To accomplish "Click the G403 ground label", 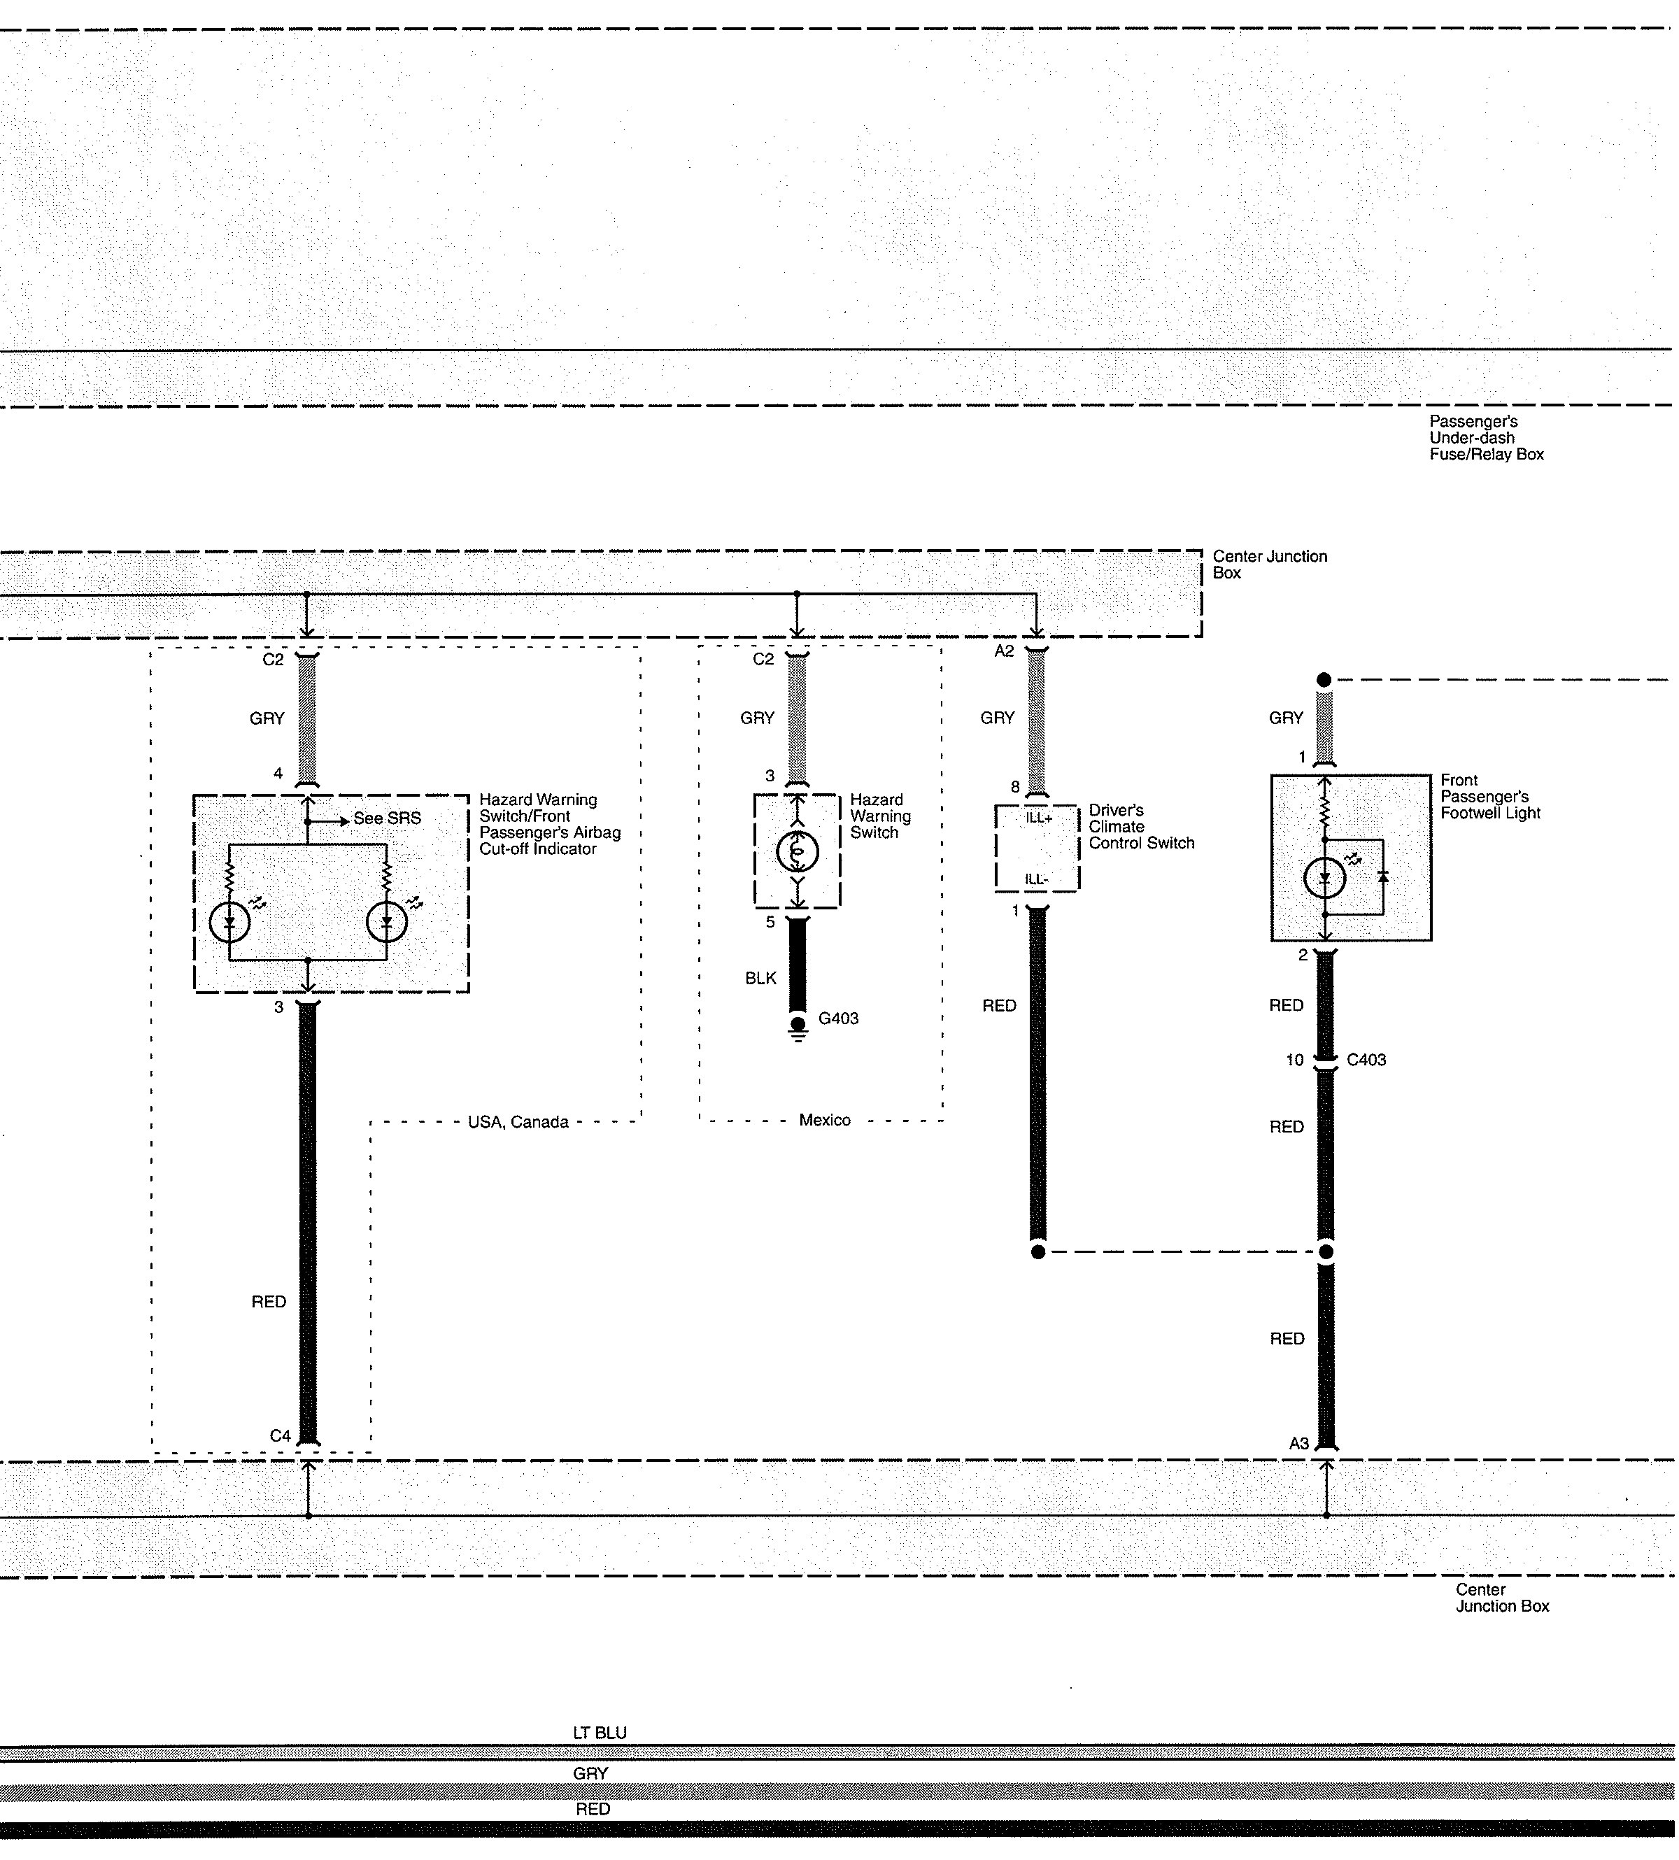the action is [x=839, y=1018].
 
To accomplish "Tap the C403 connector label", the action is [x=1366, y=1060].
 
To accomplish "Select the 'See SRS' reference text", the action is [x=388, y=818].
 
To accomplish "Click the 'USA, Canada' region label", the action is [x=518, y=1122].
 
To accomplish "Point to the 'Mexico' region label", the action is [x=825, y=1120].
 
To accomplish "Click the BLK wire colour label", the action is [x=761, y=978].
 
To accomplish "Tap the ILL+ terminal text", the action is [x=1039, y=818].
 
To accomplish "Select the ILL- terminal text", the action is [x=1037, y=879].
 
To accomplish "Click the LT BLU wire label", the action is [x=600, y=1733].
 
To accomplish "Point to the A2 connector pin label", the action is [x=1005, y=651].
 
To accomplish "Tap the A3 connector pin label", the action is [x=1299, y=1443].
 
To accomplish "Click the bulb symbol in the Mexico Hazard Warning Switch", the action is [x=797, y=853].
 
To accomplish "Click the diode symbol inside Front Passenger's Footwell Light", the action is [x=1383, y=876].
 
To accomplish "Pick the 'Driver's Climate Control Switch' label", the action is [x=1141, y=827].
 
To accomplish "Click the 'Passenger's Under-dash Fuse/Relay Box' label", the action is [x=1486, y=437].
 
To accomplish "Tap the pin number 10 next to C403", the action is [x=1294, y=1060].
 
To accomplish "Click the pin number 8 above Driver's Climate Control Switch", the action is [x=1015, y=787].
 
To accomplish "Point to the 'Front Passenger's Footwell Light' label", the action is [x=1490, y=796].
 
